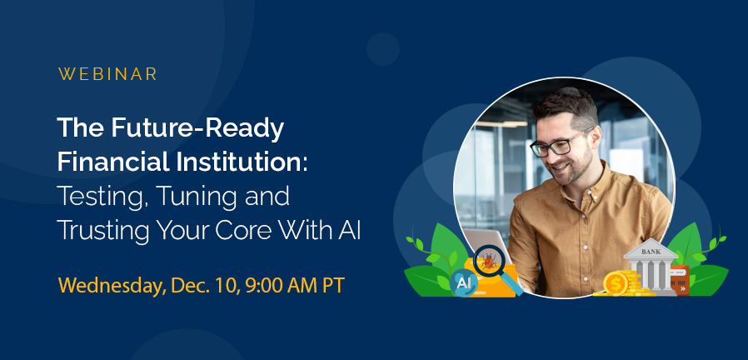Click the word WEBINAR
pos(107,74)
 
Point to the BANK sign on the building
pos(650,251)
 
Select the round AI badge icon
pos(464,284)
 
